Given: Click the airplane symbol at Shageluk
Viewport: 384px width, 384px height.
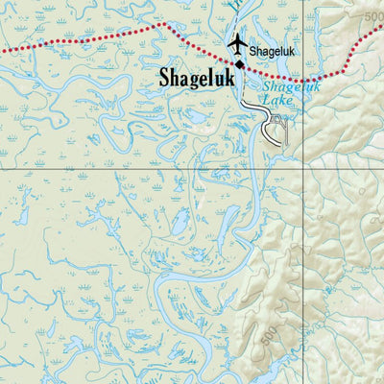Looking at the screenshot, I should tap(237, 45).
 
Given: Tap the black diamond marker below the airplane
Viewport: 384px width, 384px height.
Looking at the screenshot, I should tap(239, 63).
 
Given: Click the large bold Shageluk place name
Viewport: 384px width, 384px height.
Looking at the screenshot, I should tap(197, 78).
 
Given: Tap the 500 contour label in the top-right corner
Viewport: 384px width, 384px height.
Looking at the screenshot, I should tap(373, 17).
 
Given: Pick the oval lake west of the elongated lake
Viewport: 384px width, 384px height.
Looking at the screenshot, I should tap(180, 224).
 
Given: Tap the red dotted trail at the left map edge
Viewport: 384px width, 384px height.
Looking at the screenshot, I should tap(3, 48).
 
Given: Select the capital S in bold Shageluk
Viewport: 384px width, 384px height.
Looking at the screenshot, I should tap(165, 78).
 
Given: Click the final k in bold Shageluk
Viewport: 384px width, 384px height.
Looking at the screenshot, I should tap(228, 78).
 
